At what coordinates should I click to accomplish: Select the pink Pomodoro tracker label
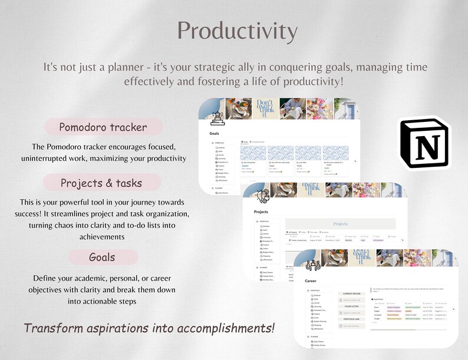coord(103,127)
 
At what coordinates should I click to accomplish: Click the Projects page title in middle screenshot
coord(261,212)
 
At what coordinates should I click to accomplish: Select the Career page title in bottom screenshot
coord(311,281)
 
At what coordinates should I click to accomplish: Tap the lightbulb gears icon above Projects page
coord(262,196)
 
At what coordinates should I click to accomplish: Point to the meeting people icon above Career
coord(312,265)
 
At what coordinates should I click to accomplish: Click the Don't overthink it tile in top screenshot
coord(265,108)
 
